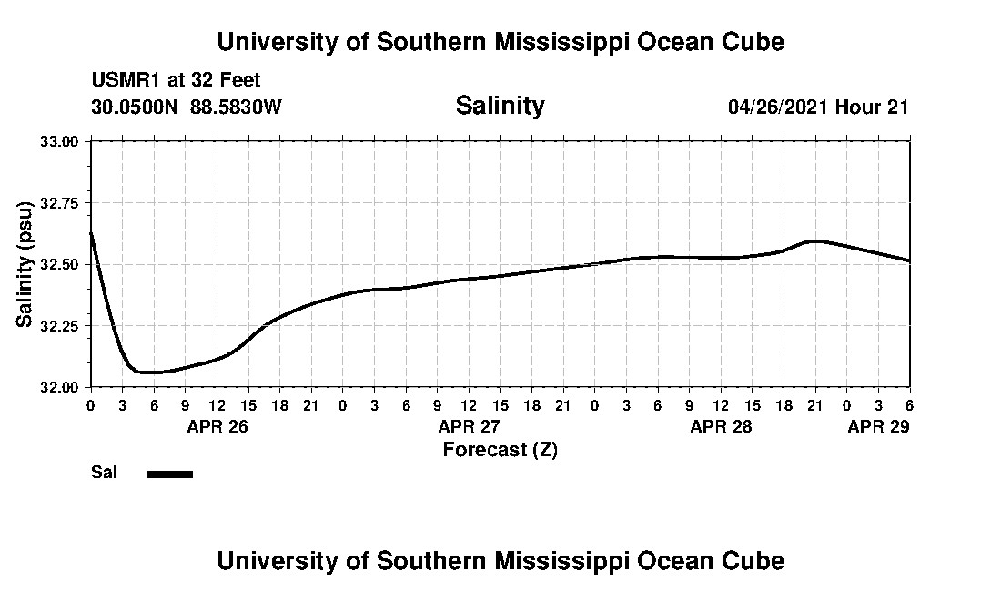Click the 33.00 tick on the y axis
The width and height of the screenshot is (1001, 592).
coord(60,141)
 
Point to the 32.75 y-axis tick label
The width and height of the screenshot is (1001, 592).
coord(60,203)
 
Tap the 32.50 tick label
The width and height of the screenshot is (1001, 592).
coord(60,264)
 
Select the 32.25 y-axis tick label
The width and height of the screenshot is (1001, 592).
coord(60,326)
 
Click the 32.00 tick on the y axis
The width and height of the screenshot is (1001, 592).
coord(60,387)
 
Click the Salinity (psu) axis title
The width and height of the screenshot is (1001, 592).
coord(25,264)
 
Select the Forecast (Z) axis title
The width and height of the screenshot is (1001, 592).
coord(500,450)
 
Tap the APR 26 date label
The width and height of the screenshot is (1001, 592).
coord(217,426)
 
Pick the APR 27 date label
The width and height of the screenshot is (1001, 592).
coord(470,426)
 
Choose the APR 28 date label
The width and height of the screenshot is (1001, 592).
coord(722,426)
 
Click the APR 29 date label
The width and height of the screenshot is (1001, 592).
coord(878,426)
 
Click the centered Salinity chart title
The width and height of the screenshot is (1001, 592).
coord(500,106)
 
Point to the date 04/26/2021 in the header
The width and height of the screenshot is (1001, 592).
coord(778,107)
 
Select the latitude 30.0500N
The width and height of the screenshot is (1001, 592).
coord(136,107)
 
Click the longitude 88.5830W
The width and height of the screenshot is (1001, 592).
coord(236,107)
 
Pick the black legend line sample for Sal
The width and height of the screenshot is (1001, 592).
coord(169,474)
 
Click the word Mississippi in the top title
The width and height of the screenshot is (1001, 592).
coord(547,42)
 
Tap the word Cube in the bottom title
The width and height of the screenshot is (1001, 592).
coord(754,561)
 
